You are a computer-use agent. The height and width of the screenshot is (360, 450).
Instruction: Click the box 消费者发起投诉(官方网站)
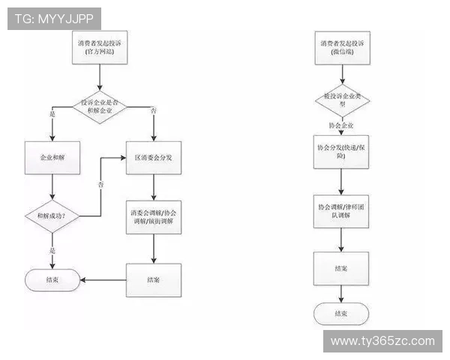click(103, 49)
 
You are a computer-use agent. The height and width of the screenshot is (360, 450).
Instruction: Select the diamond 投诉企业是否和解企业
click(103, 107)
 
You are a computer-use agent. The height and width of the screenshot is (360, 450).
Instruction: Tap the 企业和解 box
click(52, 159)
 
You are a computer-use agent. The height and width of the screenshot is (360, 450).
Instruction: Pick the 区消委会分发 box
click(153, 159)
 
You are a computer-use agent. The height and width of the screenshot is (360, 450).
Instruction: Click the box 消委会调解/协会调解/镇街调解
click(153, 217)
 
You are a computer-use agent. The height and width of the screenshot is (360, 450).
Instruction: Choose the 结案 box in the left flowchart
click(153, 280)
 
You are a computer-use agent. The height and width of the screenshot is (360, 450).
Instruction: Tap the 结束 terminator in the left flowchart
click(52, 280)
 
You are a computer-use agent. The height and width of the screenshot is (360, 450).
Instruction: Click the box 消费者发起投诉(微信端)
click(341, 49)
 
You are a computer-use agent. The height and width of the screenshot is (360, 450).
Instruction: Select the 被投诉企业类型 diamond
click(341, 100)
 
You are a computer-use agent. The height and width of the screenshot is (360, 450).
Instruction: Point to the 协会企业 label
click(341, 125)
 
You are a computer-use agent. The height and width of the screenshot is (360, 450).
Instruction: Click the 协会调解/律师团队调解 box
click(341, 211)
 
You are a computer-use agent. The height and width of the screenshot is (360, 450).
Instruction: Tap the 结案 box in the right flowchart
click(341, 268)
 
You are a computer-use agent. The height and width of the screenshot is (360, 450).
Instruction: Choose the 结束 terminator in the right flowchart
click(341, 313)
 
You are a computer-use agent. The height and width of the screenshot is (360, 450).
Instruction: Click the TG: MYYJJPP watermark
click(53, 19)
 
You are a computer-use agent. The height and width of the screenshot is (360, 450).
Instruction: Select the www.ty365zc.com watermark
click(382, 341)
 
